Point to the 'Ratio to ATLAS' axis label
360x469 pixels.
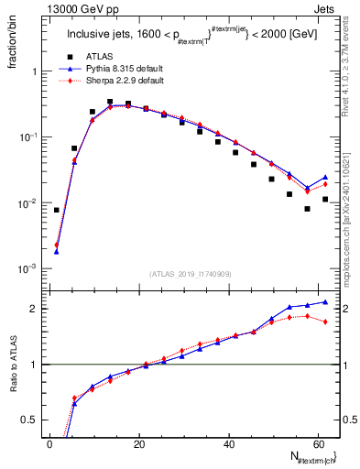13,390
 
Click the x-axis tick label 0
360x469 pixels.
49,444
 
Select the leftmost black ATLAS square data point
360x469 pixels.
57,210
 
